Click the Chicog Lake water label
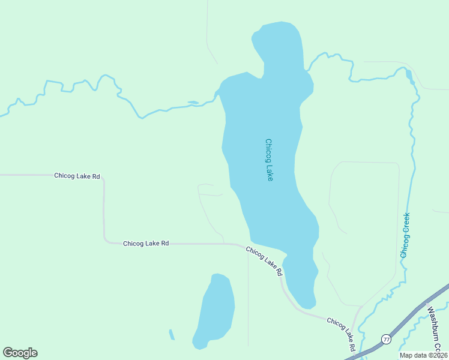(269, 160)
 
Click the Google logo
(20, 353)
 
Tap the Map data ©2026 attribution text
(423, 355)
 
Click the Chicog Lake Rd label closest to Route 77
(341, 334)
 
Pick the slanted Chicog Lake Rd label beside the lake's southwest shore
(264, 262)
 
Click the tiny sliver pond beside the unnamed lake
(172, 335)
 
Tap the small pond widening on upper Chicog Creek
(409, 74)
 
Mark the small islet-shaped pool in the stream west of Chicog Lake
(193, 103)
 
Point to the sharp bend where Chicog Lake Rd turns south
(103, 178)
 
